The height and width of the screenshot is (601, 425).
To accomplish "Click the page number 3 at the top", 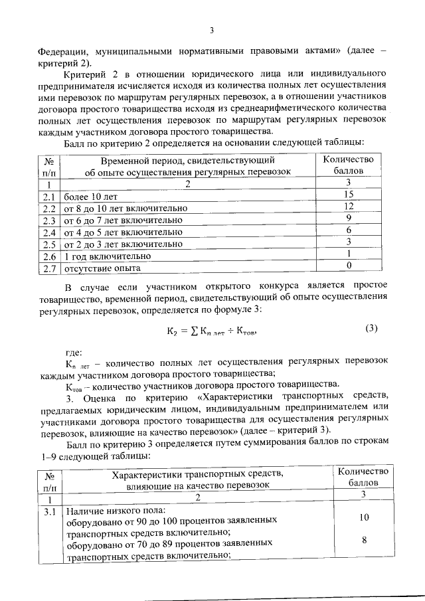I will pyautogui.click(x=212, y=30).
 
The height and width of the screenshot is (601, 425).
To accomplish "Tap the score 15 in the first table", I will pyautogui.click(x=347, y=195).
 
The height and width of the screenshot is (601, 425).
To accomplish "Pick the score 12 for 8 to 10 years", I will pyautogui.click(x=347, y=207).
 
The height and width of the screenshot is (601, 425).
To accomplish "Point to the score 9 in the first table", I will pyautogui.click(x=347, y=218).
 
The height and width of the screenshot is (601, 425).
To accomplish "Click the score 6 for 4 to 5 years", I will pyautogui.click(x=347, y=230).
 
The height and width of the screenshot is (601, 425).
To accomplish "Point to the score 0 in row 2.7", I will pyautogui.click(x=347, y=266).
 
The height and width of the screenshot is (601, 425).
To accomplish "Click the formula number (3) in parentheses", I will pyautogui.click(x=371, y=327).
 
